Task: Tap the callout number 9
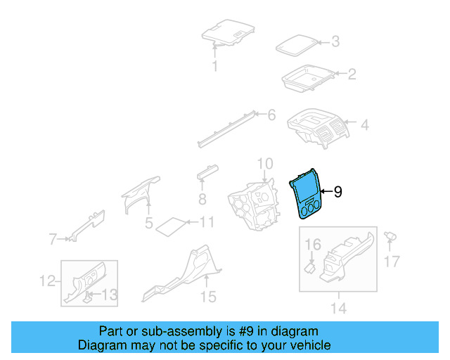tap(337, 191)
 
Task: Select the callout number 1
tap(215, 67)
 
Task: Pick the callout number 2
tap(352, 74)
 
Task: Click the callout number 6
tap(271, 114)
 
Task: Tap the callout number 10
tap(264, 165)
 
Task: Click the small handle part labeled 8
tap(207, 172)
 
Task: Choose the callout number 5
tap(148, 224)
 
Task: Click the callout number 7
tap(53, 240)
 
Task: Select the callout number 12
tap(46, 281)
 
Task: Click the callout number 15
tap(207, 297)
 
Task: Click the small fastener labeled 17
tap(390, 237)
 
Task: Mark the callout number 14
tap(338, 308)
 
